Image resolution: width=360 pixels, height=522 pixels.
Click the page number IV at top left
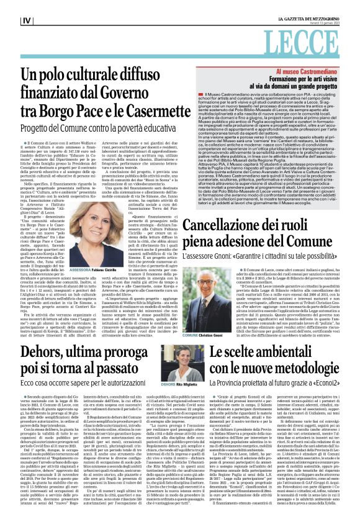point(27,20)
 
